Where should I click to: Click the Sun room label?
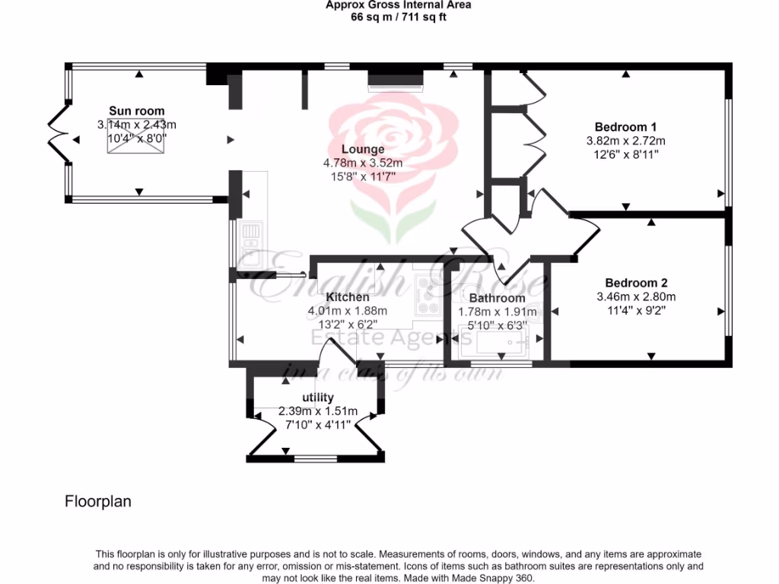tap(136, 111)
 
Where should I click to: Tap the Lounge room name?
tap(363, 149)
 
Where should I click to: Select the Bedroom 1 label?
tap(625, 127)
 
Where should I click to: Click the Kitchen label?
tap(348, 297)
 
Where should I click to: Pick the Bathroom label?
tap(497, 298)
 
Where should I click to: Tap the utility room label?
tap(318, 398)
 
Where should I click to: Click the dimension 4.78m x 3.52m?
tap(363, 163)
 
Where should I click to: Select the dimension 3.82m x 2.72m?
tap(625, 141)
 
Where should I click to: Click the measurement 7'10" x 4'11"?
tap(318, 425)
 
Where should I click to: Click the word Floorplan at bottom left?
tap(98, 502)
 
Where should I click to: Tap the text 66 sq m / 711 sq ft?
tap(398, 16)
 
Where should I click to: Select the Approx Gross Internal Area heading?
tap(398, 5)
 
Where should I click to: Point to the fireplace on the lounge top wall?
tap(395, 81)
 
